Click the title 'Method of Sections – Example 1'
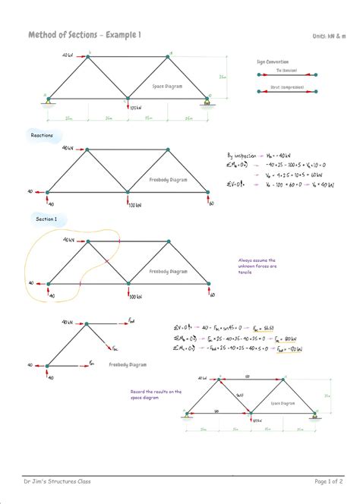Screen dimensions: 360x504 [84, 35]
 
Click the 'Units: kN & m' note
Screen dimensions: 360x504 [329, 36]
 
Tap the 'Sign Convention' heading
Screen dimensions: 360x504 [270, 59]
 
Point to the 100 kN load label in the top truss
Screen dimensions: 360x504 [136, 108]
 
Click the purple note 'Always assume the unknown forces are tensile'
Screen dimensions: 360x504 [257, 266]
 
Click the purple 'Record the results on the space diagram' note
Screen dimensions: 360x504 [156, 394]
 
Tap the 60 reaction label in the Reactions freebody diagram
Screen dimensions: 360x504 [212, 203]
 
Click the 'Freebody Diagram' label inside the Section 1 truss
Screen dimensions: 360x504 [168, 271]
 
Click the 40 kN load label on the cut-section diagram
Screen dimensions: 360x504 [68, 322]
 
